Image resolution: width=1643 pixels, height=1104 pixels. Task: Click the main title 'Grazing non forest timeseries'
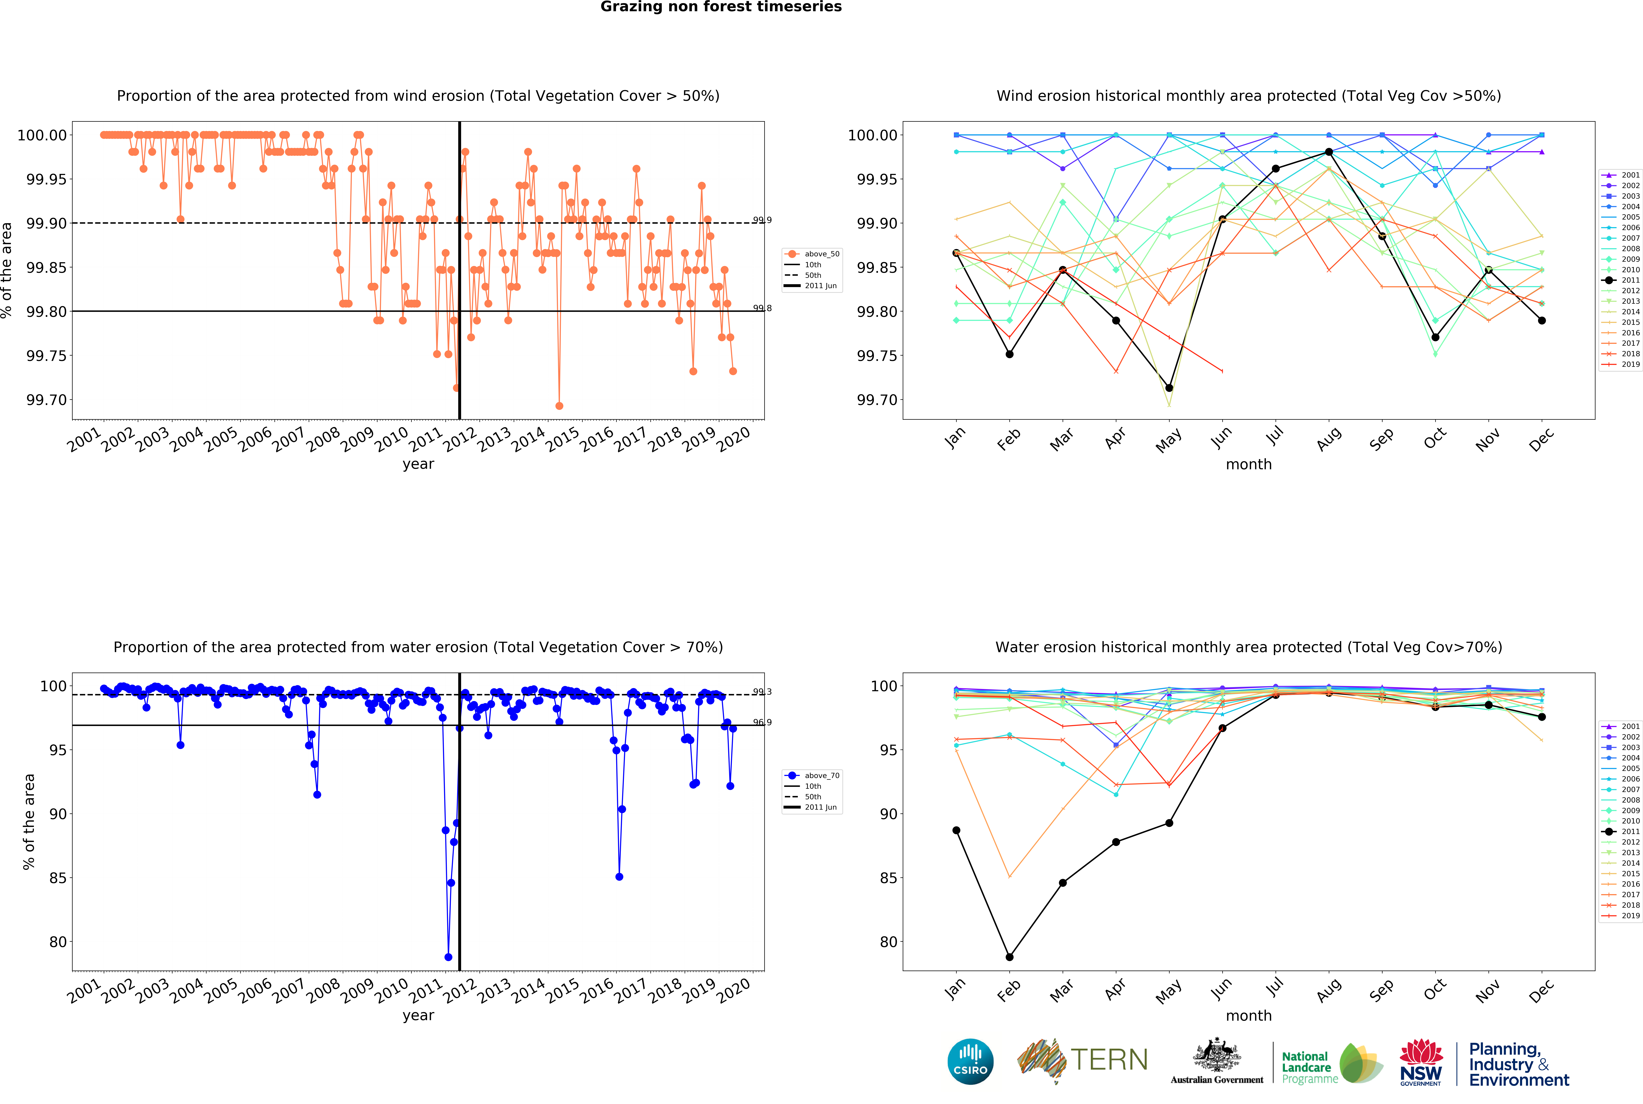point(721,7)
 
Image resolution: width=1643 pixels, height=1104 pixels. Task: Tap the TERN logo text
point(1109,1060)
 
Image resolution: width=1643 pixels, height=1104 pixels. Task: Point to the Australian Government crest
point(1216,1056)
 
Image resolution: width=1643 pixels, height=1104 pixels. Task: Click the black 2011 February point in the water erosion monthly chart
point(1009,957)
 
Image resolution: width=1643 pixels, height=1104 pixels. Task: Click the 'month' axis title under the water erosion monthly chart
point(1248,1015)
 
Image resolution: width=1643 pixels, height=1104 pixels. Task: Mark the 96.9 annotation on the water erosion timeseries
point(762,722)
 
